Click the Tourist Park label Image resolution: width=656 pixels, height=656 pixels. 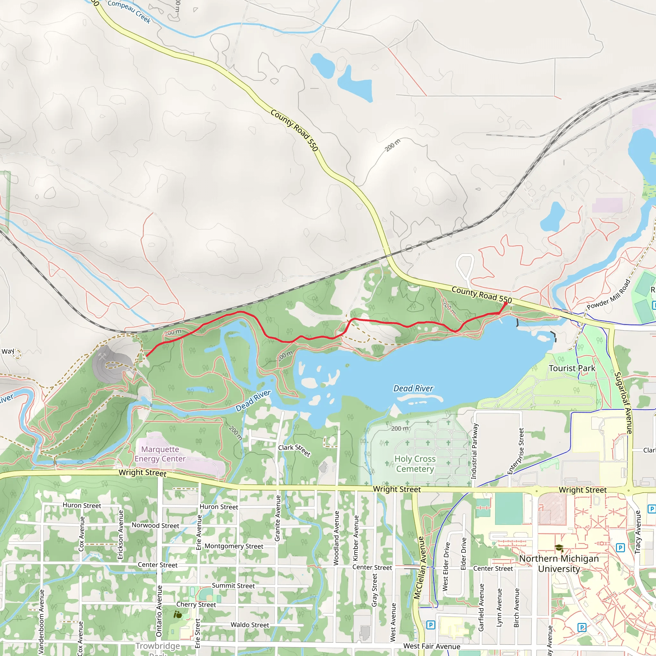(x=572, y=368)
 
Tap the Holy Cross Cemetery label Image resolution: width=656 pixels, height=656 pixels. (x=415, y=464)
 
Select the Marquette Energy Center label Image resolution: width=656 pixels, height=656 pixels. (x=160, y=454)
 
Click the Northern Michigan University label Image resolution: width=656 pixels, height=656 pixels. (x=559, y=564)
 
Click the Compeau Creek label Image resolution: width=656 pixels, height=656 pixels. (x=129, y=12)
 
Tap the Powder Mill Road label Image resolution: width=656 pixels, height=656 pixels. (x=609, y=294)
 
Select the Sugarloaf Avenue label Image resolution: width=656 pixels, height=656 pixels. (x=623, y=403)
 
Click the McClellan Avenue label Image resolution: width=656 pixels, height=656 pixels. (x=419, y=568)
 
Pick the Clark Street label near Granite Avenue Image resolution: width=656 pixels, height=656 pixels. (x=294, y=450)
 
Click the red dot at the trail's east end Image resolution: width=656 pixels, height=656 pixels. (x=505, y=304)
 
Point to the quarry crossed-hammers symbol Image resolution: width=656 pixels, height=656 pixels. (x=102, y=356)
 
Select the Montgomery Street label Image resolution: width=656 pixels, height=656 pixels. (x=234, y=546)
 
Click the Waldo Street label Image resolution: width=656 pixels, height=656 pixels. (x=250, y=625)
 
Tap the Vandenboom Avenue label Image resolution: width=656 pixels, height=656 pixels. (x=41, y=622)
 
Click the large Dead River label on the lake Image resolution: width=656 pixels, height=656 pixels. (x=413, y=389)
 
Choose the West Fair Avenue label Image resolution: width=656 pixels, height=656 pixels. (x=431, y=646)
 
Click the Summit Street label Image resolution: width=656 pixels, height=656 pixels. (x=233, y=586)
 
